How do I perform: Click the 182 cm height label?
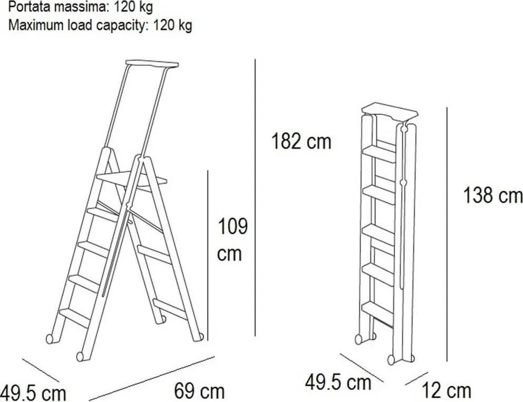pyautogui.click(x=301, y=141)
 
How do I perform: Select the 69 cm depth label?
pyautogui.click(x=199, y=391)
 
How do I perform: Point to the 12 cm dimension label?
pyautogui.click(x=446, y=391)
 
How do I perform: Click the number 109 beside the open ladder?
pyautogui.click(x=233, y=226)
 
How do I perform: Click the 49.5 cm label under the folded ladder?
pyautogui.click(x=338, y=382)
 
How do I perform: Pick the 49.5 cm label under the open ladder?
pyautogui.click(x=33, y=393)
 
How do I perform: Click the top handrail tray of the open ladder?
pyautogui.click(x=152, y=64)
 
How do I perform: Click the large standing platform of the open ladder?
pyautogui.click(x=131, y=179)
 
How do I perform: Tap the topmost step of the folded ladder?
pyautogui.click(x=379, y=154)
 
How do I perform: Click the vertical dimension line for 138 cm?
pyautogui.click(x=447, y=235)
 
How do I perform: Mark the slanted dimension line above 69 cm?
pyautogui.click(x=152, y=378)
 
